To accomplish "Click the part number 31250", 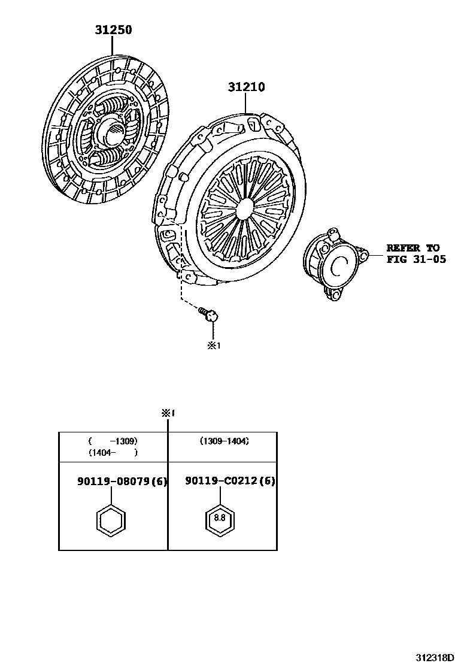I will pyautogui.click(x=112, y=29).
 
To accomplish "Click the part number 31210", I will pyautogui.click(x=245, y=87).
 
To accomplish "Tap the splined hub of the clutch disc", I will pyautogui.click(x=114, y=131).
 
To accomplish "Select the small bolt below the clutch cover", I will pyautogui.click(x=209, y=314).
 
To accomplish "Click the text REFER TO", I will pyautogui.click(x=412, y=248).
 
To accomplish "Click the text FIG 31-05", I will pyautogui.click(x=416, y=260).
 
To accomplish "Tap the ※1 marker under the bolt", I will pyautogui.click(x=214, y=346).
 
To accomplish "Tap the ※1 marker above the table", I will pyautogui.click(x=167, y=413).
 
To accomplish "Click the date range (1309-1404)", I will pyautogui.click(x=224, y=441).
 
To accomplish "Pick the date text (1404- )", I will pyautogui.click(x=112, y=453).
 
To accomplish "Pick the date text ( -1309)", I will pyautogui.click(x=112, y=441).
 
